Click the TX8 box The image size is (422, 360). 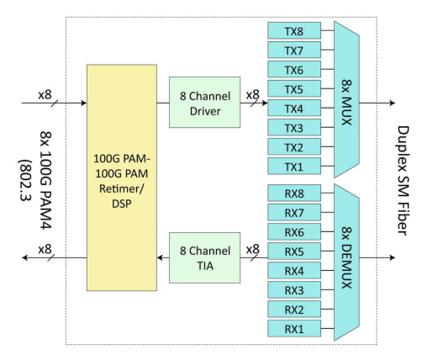[x=294, y=30]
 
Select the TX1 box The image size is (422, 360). [x=294, y=166]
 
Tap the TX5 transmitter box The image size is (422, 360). [x=294, y=88]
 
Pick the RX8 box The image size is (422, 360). [x=294, y=193]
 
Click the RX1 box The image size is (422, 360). [x=294, y=328]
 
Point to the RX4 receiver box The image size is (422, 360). [x=294, y=270]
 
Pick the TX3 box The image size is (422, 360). [x=294, y=127]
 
